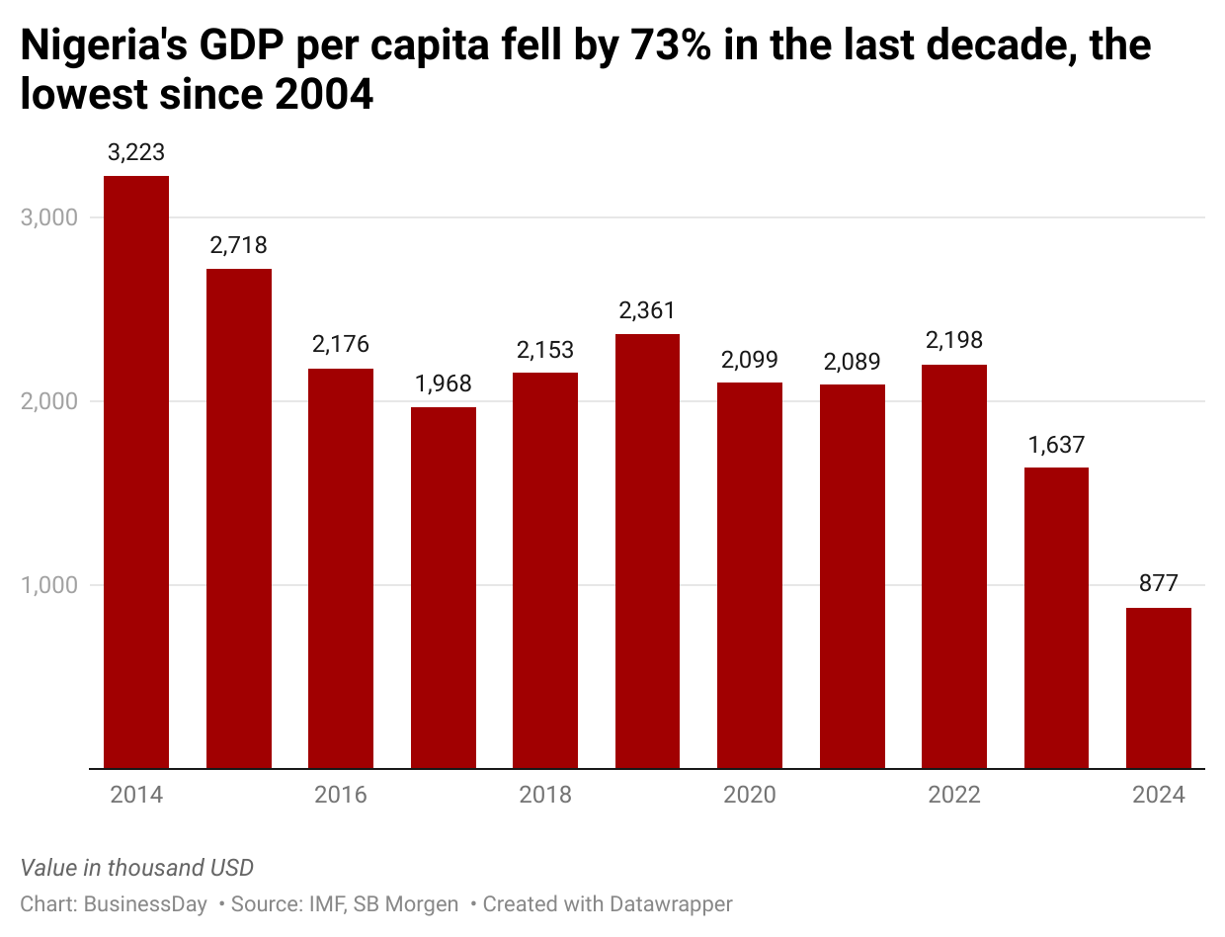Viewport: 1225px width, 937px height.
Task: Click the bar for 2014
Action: (136, 471)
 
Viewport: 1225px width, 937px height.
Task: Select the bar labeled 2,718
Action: (239, 518)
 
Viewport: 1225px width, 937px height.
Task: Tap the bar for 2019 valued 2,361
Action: (647, 551)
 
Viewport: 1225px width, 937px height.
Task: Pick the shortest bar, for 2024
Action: (1159, 688)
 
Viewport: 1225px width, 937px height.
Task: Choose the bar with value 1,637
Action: (1056, 618)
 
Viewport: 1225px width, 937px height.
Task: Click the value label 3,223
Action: (136, 153)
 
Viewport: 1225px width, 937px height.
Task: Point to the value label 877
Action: (1159, 583)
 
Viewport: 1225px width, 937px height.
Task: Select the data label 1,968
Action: (444, 383)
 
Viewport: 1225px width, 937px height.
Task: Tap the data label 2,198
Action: (954, 341)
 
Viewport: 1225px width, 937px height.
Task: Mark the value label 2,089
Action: (853, 361)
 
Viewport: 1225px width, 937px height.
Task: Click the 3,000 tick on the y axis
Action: (49, 217)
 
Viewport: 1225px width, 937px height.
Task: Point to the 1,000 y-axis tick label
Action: (49, 585)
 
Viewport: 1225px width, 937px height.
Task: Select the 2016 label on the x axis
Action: (341, 795)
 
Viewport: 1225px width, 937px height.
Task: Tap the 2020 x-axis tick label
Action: (750, 795)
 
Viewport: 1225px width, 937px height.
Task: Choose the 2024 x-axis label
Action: (1159, 795)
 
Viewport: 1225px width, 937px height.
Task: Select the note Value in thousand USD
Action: (137, 868)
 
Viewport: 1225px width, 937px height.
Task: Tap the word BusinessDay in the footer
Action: (146, 903)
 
